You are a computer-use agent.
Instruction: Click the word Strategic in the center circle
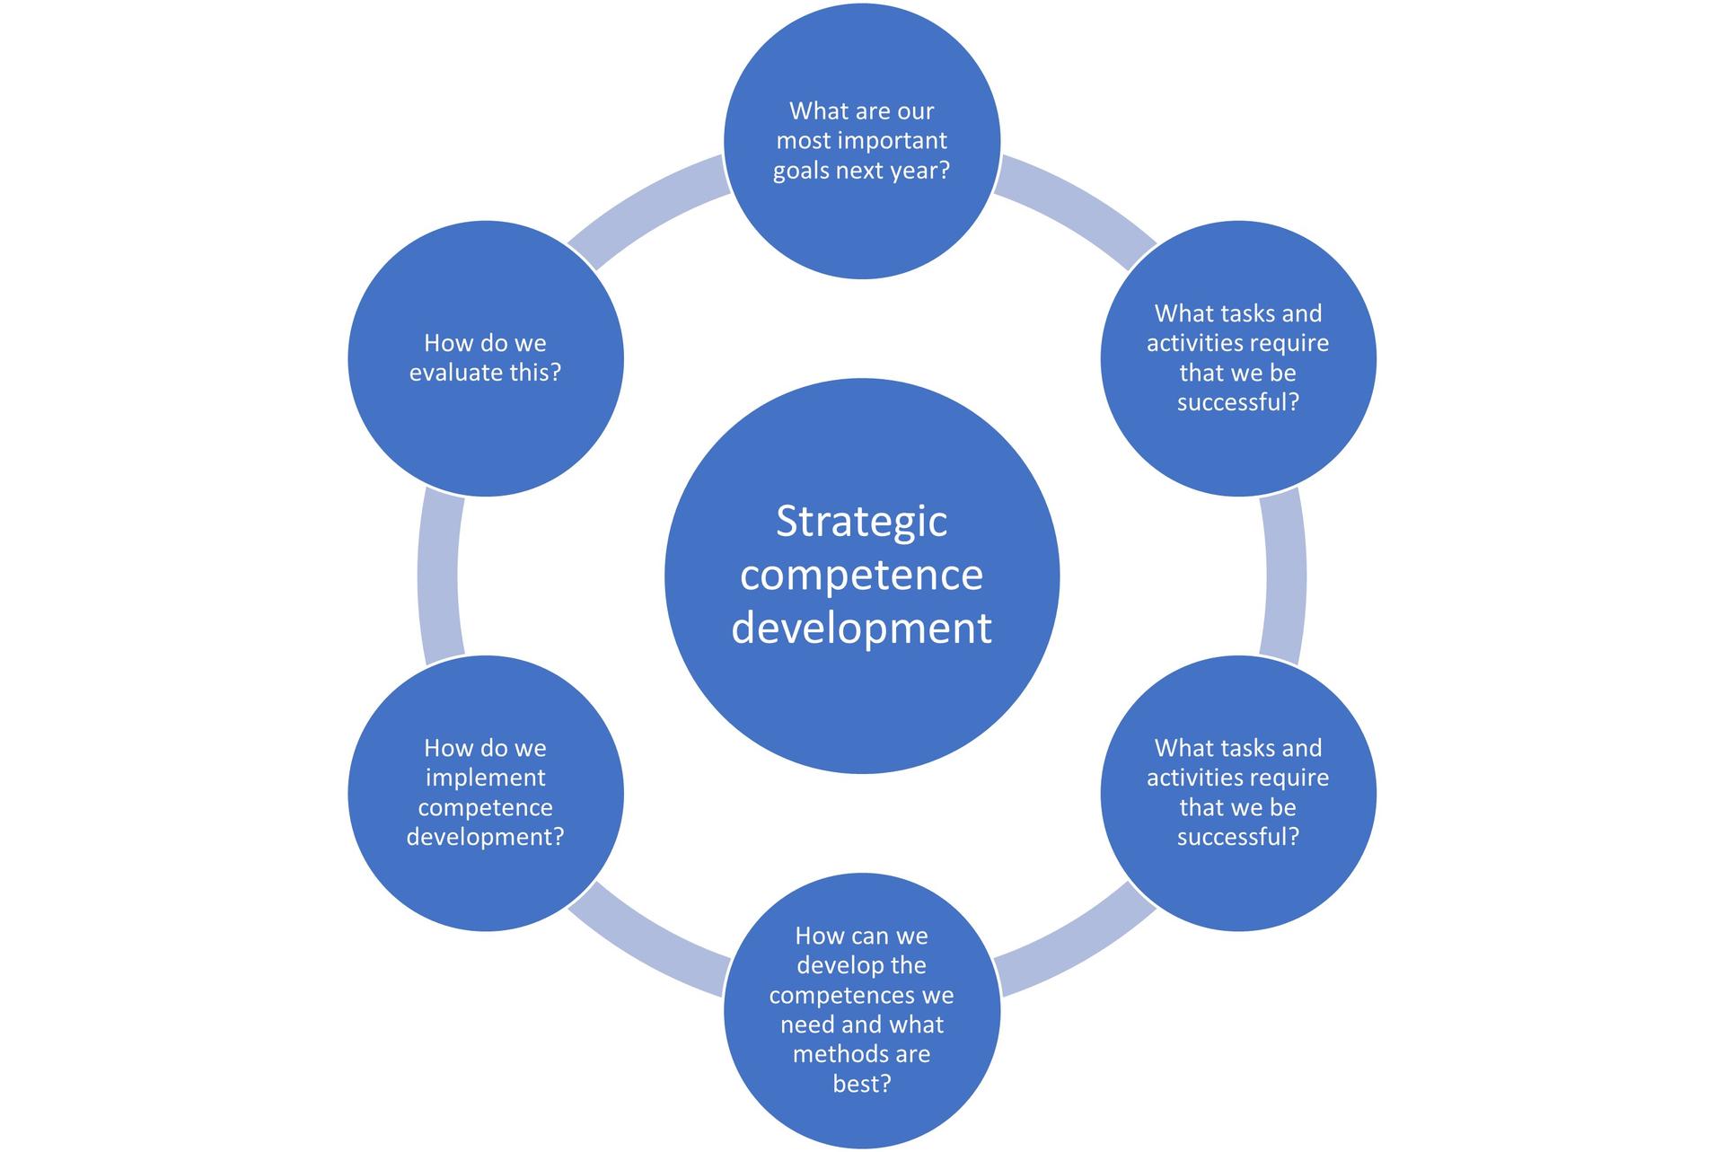[x=861, y=522]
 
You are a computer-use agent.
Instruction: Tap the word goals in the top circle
[x=801, y=171]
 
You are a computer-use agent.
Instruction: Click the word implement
[x=485, y=778]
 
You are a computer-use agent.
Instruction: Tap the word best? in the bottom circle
[x=861, y=1084]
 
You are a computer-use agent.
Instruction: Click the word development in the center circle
[x=861, y=628]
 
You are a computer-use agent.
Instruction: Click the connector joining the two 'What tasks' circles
[x=1284, y=576]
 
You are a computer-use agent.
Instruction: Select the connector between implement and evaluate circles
[x=439, y=576]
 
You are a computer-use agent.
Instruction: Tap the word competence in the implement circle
[x=485, y=807]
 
